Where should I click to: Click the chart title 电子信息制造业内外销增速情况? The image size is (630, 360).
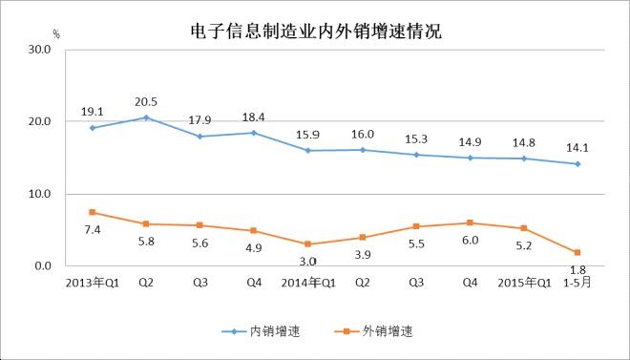[316, 31]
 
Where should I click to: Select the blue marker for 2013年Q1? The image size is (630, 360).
[92, 128]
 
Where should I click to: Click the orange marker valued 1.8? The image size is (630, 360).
[577, 252]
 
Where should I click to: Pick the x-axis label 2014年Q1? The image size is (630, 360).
[307, 282]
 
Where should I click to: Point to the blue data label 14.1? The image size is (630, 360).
[577, 146]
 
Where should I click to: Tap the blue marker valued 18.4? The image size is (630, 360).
[253, 133]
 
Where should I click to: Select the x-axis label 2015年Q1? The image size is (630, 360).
[524, 282]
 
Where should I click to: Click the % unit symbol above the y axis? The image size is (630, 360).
[56, 34]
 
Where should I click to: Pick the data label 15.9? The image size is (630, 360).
[306, 132]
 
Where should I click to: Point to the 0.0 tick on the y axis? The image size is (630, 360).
[43, 266]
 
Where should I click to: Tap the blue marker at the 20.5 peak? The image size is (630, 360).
[145, 117]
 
